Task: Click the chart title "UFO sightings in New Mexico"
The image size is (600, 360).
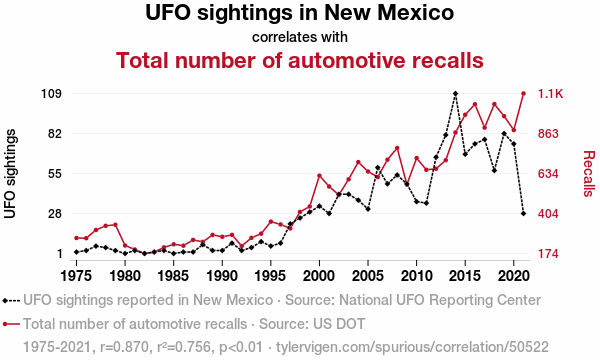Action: coord(300,12)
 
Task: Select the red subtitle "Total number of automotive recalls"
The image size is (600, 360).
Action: coord(300,60)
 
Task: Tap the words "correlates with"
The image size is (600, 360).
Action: coord(300,37)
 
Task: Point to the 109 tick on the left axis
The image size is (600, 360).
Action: coord(51,94)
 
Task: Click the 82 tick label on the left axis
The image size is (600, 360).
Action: coord(54,134)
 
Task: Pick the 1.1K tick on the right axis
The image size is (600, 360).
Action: coord(551,94)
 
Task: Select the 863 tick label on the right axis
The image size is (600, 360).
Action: coord(548,134)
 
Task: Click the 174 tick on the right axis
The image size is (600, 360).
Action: coord(548,254)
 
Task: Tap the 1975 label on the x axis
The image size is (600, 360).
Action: coord(77,275)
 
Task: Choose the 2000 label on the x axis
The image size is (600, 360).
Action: coord(319,275)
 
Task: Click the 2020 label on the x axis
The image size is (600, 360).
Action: coord(514,275)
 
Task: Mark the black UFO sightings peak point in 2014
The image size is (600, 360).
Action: coord(455,94)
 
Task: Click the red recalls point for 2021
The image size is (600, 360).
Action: coord(523,93)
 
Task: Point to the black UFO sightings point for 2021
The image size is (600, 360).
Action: coord(523,213)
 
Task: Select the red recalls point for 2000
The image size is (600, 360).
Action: coord(319,176)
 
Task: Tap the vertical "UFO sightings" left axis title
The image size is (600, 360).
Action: coord(10,174)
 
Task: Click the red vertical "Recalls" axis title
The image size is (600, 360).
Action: coord(589,174)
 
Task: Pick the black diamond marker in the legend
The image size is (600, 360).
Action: coord(5,301)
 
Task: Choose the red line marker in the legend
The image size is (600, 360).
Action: coord(11,324)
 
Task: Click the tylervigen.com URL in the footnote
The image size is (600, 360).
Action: coord(412,347)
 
